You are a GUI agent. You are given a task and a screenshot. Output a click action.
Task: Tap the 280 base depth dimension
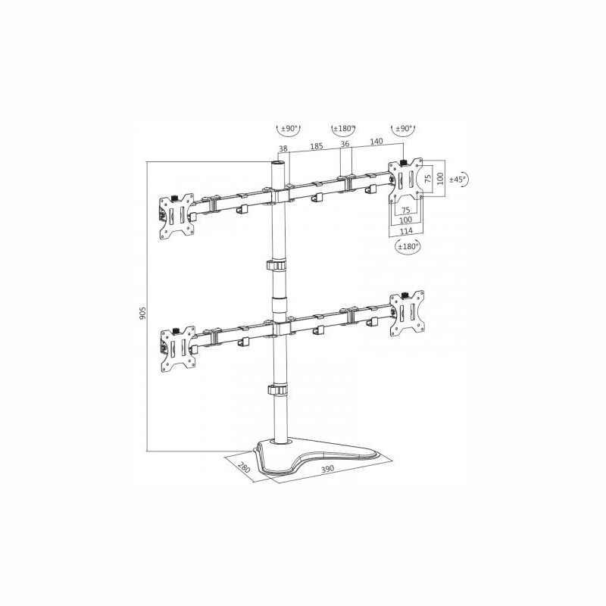coord(244,467)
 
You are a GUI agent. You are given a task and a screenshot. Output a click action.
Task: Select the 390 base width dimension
coord(327,469)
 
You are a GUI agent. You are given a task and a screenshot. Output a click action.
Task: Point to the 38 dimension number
coord(283,148)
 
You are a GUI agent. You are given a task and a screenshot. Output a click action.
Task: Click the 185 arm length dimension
coord(316,146)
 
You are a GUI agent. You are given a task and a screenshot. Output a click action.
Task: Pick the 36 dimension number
coord(345,144)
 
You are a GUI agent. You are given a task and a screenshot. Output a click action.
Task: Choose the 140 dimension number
coord(376,142)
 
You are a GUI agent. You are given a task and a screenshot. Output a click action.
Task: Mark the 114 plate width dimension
coord(406,231)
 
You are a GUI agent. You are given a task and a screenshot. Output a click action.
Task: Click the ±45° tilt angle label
coord(458,179)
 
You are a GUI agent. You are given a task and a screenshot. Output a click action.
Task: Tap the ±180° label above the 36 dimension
coord(344,128)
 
